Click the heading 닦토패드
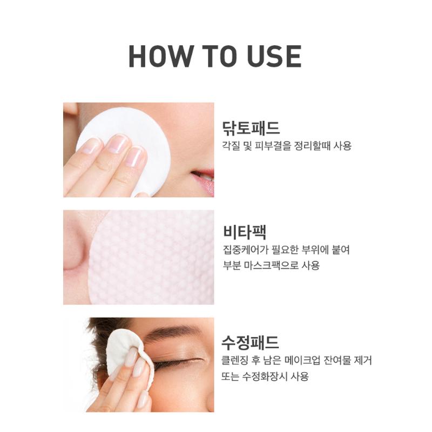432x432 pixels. pyautogui.click(x=251, y=128)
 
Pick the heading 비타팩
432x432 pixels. pyautogui.click(x=244, y=232)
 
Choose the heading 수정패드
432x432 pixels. pyautogui.click(x=251, y=342)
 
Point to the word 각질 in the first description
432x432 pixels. pyautogui.click(x=231, y=146)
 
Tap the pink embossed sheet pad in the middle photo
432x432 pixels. pyautogui.click(x=154, y=259)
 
